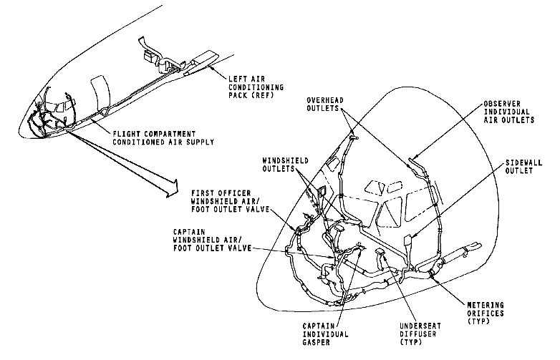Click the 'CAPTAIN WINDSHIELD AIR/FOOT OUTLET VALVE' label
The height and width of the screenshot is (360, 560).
coord(211,239)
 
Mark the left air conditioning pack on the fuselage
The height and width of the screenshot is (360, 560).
coord(203,62)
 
